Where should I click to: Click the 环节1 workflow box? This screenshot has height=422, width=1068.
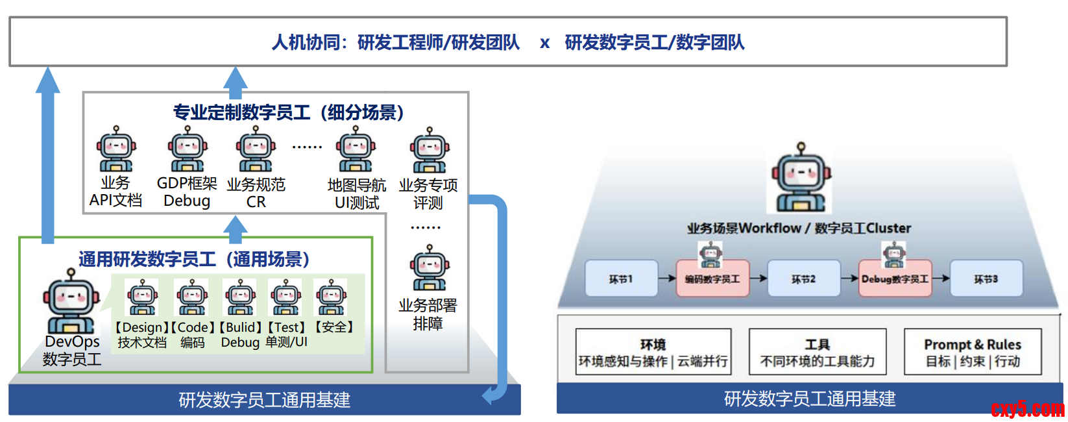621,279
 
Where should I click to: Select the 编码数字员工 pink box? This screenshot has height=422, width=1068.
712,279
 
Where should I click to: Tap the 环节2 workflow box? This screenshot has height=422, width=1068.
803,279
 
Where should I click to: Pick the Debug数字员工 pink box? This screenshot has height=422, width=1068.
895,279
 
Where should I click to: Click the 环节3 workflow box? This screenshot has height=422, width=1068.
986,279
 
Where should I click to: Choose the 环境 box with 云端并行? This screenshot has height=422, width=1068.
653,353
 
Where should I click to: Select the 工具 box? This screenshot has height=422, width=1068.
817,353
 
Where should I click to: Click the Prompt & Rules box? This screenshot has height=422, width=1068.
972,353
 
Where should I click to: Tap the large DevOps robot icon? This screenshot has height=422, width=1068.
71,301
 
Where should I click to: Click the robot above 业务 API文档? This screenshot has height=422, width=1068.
115,149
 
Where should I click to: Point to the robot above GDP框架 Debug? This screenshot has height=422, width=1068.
187,149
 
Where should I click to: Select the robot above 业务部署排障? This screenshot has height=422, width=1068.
428,268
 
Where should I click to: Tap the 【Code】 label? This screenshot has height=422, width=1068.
193,327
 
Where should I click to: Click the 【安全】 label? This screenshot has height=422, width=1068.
334,327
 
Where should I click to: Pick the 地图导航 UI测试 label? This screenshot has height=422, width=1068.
356,193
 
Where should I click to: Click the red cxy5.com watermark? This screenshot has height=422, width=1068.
1027,409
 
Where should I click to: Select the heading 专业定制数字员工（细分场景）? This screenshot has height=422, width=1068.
289,112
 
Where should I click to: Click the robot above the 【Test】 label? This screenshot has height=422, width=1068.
285,297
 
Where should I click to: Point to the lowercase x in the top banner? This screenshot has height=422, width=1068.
544,43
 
